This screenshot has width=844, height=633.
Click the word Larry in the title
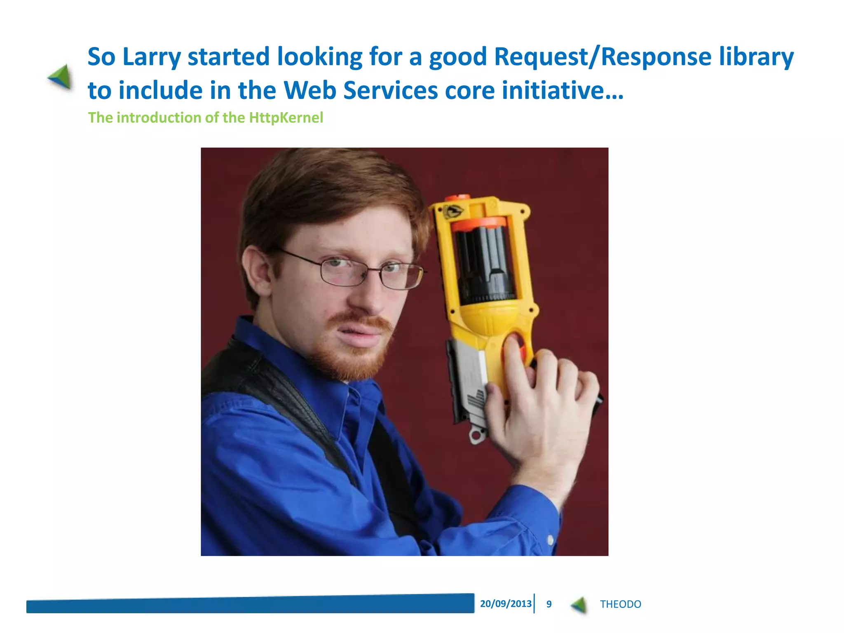pyautogui.click(x=151, y=57)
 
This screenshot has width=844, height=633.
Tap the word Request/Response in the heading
pyautogui.click(x=603, y=57)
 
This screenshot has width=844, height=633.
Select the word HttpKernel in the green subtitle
pyautogui.click(x=286, y=118)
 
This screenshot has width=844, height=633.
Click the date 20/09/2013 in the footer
pyautogui.click(x=506, y=604)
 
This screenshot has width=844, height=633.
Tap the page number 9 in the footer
pyautogui.click(x=549, y=604)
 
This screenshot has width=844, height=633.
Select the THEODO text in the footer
pyautogui.click(x=620, y=604)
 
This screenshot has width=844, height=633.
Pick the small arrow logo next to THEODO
pyautogui.click(x=579, y=605)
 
